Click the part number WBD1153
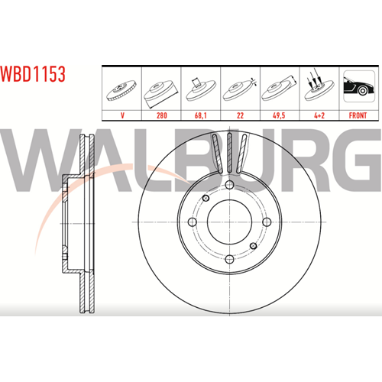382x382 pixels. pyautogui.click(x=33, y=74)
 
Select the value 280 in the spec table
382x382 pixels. pyautogui.click(x=162, y=115)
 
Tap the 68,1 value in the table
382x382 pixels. pyautogui.click(x=201, y=115)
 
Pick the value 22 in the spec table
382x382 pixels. pyautogui.click(x=240, y=115)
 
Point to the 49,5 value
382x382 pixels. pyautogui.click(x=279, y=115)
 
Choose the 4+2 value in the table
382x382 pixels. pyautogui.click(x=319, y=115)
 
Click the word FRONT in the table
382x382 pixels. pyautogui.click(x=358, y=115)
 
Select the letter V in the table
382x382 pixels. pyautogui.click(x=122, y=115)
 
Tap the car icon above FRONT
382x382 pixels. pyautogui.click(x=359, y=86)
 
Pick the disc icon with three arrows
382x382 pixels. pyautogui.click(x=319, y=86)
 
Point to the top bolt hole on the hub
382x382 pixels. pyautogui.click(x=229, y=185)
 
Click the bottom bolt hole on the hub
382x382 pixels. pyautogui.click(x=229, y=260)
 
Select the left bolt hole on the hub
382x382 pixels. pyautogui.click(x=192, y=222)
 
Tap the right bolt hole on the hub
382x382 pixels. pyautogui.click(x=267, y=222)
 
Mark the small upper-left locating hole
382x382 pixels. pyautogui.click(x=206, y=198)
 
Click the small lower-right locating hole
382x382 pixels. pyautogui.click(x=254, y=246)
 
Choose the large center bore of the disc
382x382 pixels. pyautogui.click(x=229, y=222)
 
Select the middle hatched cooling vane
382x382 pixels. pyautogui.click(x=229, y=153)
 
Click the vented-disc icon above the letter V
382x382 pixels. pyautogui.click(x=121, y=91)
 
